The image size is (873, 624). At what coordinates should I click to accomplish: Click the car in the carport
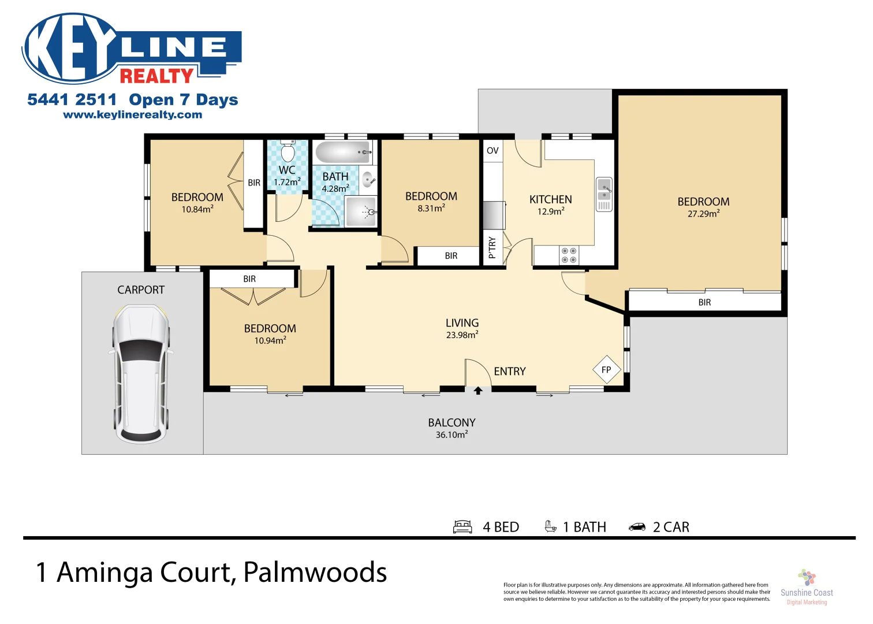[x=141, y=374]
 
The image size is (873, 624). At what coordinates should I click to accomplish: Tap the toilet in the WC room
[x=287, y=153]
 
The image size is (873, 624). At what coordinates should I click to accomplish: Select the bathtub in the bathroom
[x=343, y=153]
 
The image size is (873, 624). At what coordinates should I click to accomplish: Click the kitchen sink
[x=604, y=194]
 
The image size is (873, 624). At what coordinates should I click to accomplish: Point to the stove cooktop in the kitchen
[x=569, y=255]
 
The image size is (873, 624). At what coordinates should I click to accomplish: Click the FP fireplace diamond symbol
[x=606, y=370]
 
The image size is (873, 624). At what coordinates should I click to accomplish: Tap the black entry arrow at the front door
[x=478, y=391]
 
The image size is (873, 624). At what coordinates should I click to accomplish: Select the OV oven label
[x=493, y=151]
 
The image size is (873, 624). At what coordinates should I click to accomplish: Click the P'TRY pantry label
[x=492, y=247]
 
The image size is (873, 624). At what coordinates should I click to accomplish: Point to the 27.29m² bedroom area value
[x=703, y=214]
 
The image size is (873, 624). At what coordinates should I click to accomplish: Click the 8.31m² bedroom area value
[x=431, y=209]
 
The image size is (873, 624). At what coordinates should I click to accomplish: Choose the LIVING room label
[x=462, y=323]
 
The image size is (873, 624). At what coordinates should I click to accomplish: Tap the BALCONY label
[x=452, y=423]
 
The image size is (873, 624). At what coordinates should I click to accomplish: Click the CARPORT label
[x=141, y=290]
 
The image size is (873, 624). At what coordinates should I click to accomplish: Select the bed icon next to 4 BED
[x=462, y=527]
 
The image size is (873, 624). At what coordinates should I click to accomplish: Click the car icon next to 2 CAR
[x=637, y=527]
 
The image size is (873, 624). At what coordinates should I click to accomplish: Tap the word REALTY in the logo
[x=156, y=76]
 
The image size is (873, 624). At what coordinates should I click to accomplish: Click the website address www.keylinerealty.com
[x=133, y=115]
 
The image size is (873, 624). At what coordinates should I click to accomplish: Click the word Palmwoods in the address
[x=315, y=573]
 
